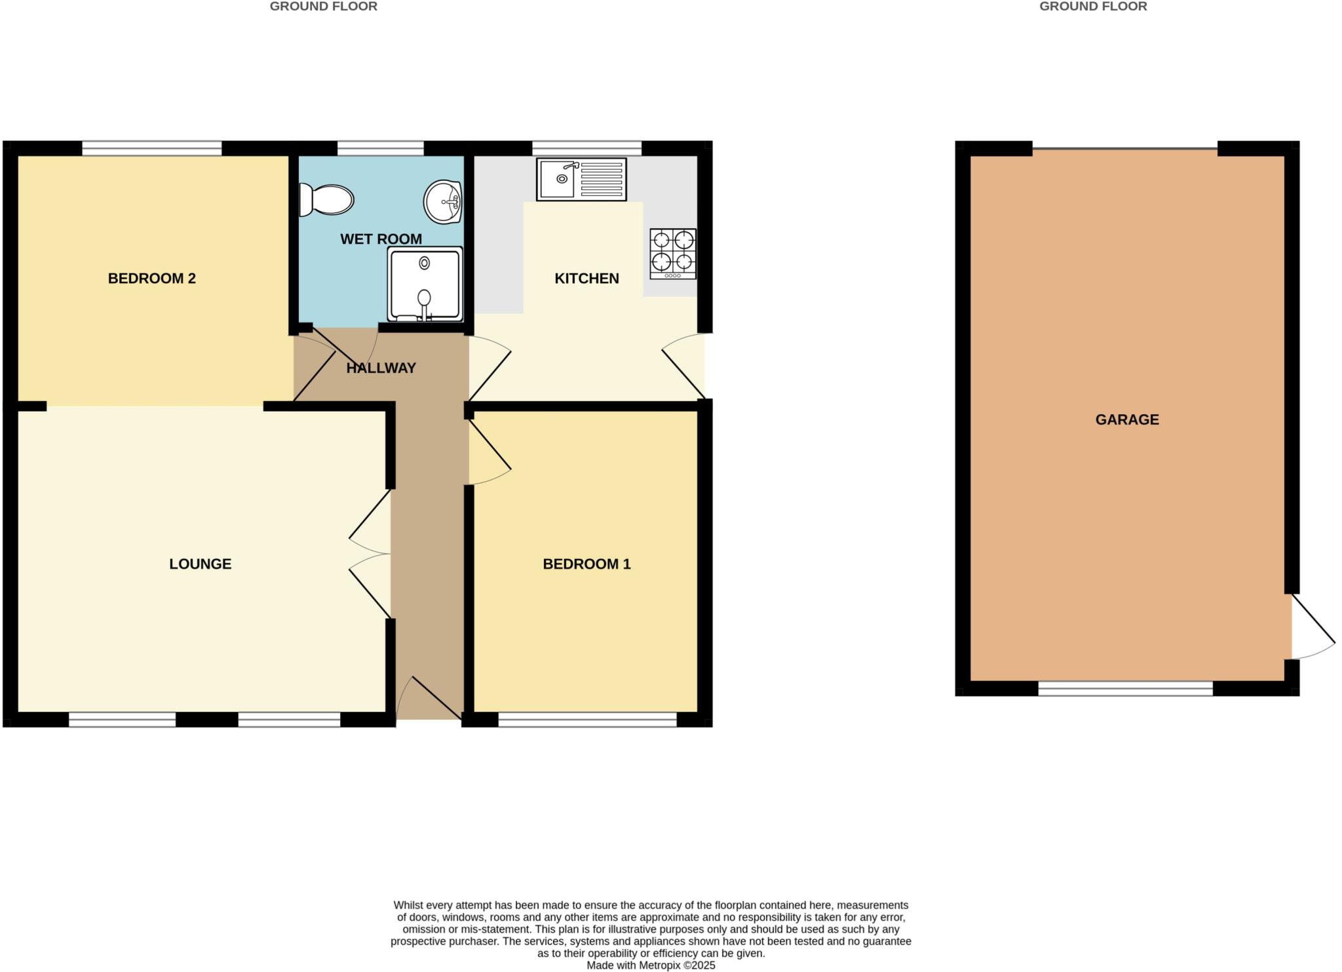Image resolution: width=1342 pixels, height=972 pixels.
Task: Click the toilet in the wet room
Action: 326,199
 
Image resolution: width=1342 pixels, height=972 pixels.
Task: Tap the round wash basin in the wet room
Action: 443,201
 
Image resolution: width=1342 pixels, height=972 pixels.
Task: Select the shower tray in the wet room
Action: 425,284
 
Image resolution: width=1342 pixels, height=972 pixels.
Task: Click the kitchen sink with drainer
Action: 581,179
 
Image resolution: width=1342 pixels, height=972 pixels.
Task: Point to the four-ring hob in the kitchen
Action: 673,254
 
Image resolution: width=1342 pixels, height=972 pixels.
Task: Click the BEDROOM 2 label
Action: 152,279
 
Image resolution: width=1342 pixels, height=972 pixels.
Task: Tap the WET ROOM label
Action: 381,239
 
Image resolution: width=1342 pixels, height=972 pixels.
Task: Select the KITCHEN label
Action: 586,279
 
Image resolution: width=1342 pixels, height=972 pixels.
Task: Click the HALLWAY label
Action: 381,368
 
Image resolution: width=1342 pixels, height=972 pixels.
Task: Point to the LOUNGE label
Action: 201,564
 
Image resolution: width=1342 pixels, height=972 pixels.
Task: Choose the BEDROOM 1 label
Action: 586,564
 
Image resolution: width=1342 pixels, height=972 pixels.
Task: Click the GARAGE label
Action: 1127,420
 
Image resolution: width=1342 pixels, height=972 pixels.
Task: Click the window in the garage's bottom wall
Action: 1125,688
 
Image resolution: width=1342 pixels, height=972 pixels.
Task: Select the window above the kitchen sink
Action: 586,148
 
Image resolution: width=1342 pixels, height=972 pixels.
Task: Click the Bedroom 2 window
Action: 152,148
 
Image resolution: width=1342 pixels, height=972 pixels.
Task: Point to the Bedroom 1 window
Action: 587,720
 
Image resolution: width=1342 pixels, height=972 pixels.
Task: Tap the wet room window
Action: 381,148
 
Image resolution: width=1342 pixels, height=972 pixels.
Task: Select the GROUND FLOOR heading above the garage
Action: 1093,7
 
